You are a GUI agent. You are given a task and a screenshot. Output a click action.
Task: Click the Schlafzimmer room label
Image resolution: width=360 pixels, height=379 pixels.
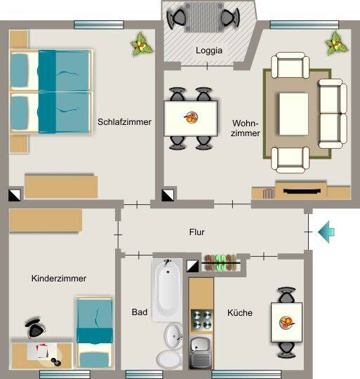124,122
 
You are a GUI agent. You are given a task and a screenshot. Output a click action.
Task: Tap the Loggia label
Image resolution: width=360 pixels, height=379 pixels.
209,51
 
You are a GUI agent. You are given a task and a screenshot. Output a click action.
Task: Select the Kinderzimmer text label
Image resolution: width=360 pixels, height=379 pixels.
59,279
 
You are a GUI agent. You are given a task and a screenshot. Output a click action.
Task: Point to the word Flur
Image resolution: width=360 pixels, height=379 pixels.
196,232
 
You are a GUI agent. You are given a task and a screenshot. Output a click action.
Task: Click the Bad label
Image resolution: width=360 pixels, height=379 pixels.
140,312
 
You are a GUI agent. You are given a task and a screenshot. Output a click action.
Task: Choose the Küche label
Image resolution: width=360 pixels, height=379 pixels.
240,313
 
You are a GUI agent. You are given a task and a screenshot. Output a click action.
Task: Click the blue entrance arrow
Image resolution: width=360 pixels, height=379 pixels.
326,232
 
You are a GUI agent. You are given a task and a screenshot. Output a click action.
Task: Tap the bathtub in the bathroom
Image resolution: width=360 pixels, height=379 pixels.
167,290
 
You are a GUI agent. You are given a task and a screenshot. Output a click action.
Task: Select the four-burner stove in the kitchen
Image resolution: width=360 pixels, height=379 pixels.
201,320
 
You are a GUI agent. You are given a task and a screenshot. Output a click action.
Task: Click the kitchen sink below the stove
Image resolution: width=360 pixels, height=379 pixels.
200,352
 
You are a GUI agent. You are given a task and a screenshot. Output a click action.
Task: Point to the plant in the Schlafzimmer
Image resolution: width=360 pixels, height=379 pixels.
141,44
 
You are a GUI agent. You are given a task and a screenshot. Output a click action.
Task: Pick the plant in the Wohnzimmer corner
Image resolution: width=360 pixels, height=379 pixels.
337,44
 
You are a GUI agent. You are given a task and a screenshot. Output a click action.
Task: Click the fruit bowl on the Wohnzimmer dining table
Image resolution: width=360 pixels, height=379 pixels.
192,117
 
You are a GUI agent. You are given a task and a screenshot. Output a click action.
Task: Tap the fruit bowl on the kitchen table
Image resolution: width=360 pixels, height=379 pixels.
287,323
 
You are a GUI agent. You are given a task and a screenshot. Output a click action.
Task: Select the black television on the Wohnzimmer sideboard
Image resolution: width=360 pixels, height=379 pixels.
302,191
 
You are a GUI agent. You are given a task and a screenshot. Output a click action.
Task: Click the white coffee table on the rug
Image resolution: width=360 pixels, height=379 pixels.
294,114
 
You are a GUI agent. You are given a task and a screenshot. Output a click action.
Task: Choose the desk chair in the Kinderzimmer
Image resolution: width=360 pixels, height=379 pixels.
35,328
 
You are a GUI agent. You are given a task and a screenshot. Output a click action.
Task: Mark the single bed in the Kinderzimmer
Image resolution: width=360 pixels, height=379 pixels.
95,333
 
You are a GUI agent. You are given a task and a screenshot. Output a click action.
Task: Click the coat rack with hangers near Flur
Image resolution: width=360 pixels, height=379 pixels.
220,262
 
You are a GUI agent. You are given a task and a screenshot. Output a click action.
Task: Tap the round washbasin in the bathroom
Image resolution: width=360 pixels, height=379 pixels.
174,336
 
